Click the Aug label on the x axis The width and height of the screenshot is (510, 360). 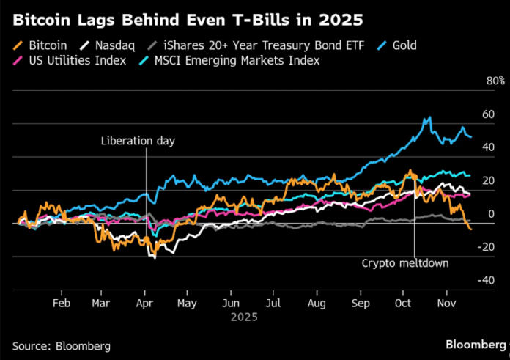[317, 302]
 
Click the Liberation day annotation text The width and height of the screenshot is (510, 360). [138, 141]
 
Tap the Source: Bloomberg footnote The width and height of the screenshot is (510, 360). [60, 345]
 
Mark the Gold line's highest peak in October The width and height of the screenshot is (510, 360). [429, 117]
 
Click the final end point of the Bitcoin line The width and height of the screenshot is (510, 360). [470, 229]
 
